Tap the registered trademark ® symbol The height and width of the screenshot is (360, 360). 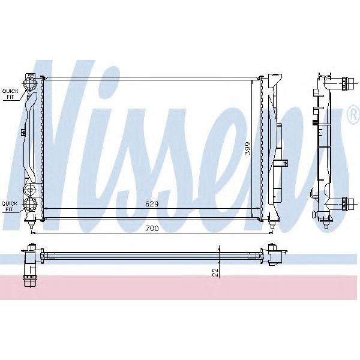point(352,116)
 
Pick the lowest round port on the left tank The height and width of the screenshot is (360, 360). point(29,206)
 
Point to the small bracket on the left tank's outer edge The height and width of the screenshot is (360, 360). point(22,133)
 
